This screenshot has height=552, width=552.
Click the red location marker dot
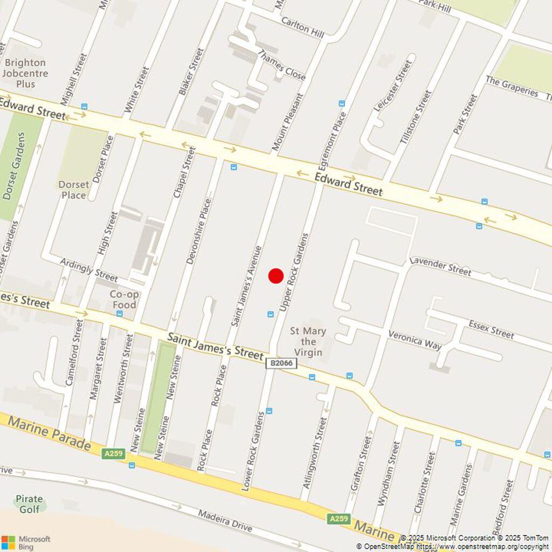pos(276,276)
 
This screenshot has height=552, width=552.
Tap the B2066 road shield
pos(281,363)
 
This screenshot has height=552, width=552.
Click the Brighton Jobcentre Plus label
pos(25,73)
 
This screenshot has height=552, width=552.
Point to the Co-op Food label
pos(125,300)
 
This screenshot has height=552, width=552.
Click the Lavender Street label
pos(440,266)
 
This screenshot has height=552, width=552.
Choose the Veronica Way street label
pos(415,340)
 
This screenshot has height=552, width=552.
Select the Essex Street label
pos(491,329)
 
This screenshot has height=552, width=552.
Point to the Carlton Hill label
pos(302,26)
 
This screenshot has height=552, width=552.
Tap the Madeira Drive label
pos(225,521)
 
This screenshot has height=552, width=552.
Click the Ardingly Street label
pos(89,270)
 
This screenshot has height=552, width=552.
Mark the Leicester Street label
pos(393,85)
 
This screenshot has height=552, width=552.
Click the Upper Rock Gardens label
pos(294,272)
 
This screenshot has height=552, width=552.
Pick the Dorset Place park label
pos(74,190)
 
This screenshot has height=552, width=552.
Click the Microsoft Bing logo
pos(26,542)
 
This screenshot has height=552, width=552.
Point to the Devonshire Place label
pos(198,231)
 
